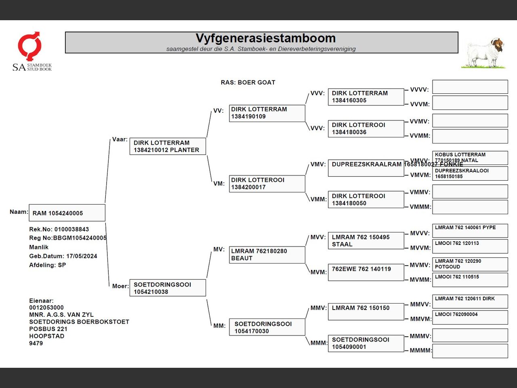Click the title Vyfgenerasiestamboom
click(x=265, y=38)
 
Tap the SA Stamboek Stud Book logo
click(x=31, y=52)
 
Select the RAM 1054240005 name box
click(x=67, y=213)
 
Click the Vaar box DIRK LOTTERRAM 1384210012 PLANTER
click(x=167, y=146)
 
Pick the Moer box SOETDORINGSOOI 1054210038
click(x=167, y=288)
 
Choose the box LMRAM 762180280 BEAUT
click(x=267, y=255)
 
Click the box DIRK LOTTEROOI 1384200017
click(x=267, y=183)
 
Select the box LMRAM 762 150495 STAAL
click(x=366, y=240)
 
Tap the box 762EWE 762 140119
click(x=366, y=272)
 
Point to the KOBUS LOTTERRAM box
click(x=470, y=157)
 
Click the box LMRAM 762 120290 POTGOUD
click(x=470, y=264)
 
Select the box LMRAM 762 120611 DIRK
click(x=470, y=302)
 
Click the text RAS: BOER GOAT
click(x=248, y=82)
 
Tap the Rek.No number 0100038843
click(x=71, y=229)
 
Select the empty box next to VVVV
click(x=470, y=87)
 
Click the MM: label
click(x=219, y=326)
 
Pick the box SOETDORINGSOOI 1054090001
click(x=366, y=343)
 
